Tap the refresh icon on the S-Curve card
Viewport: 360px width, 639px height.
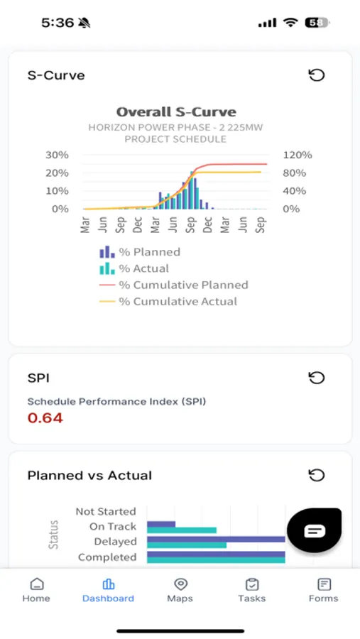coord(316,75)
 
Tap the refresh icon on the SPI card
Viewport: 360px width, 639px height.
coord(316,378)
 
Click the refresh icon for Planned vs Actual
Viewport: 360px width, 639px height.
coord(316,475)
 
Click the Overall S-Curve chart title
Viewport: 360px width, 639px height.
coord(176,112)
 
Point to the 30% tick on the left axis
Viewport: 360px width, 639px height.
coord(57,155)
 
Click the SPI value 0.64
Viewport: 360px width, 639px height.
coord(45,418)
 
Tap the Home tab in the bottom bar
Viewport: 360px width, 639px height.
coord(36,589)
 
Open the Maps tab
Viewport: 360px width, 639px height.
coord(180,589)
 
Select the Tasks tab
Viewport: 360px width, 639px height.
coord(251,589)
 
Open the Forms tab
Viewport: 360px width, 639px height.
coord(324,589)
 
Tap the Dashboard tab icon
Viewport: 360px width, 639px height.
coord(108,584)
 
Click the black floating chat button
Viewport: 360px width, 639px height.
coord(314,530)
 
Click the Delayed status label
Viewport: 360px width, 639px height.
coord(115,542)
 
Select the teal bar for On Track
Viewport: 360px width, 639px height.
coord(182,530)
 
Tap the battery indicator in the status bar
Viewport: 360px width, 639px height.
coord(317,23)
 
